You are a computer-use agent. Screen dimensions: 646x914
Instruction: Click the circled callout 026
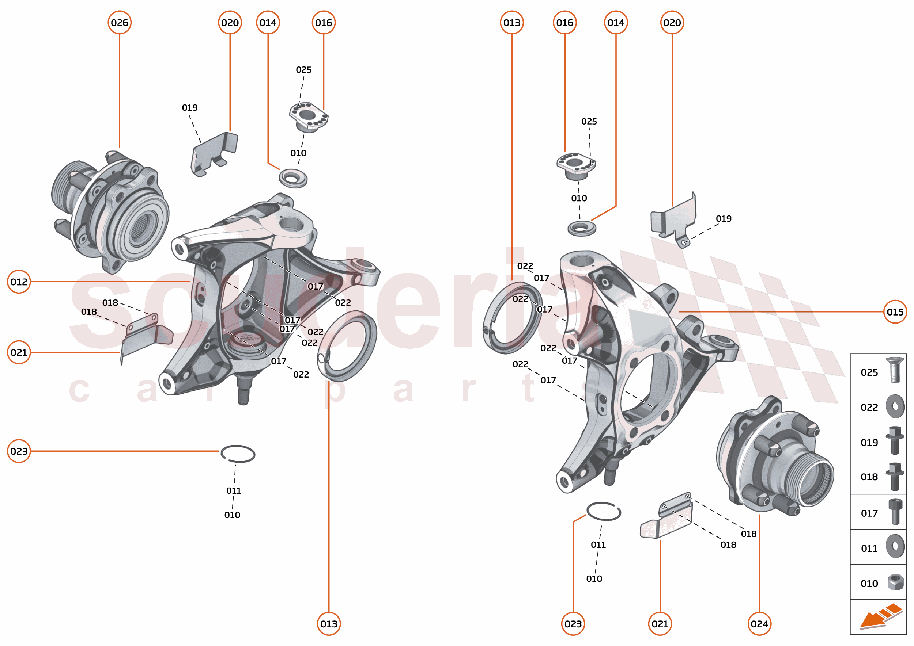click(120, 23)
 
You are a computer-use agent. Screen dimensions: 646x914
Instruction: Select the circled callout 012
click(19, 282)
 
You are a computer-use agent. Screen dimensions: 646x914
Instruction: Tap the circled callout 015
click(895, 312)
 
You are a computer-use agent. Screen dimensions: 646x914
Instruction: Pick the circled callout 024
click(759, 624)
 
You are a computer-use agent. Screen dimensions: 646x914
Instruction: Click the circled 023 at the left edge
click(19, 451)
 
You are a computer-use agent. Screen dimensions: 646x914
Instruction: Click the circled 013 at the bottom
click(329, 624)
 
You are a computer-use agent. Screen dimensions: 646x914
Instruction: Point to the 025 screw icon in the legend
click(895, 370)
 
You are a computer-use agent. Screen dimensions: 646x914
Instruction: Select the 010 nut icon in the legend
click(895, 582)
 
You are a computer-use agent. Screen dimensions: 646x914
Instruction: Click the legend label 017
click(869, 513)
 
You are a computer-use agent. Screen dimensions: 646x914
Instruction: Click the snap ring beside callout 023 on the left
click(238, 454)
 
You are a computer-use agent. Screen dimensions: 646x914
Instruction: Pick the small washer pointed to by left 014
click(293, 178)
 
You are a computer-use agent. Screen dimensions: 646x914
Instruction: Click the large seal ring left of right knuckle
click(512, 317)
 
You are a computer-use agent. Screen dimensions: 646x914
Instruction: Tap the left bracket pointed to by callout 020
click(214, 153)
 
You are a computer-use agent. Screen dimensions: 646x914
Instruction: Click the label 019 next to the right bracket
click(723, 218)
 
